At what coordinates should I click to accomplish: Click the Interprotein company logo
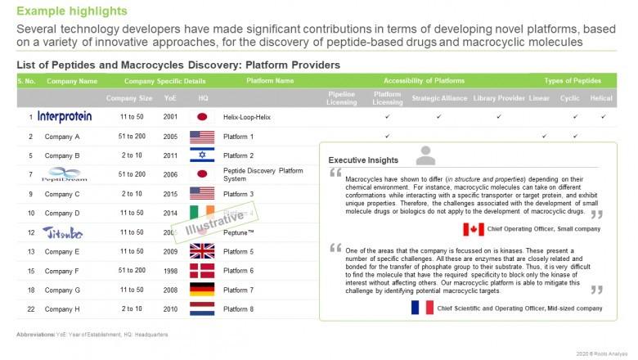(x=65, y=117)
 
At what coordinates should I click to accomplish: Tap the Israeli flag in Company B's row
(x=201, y=155)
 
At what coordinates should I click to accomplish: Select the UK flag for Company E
(x=201, y=251)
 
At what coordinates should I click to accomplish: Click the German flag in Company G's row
(x=201, y=290)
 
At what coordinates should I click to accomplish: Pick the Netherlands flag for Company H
(x=201, y=308)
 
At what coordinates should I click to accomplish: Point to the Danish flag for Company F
(x=201, y=270)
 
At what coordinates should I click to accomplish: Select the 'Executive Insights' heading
(x=363, y=160)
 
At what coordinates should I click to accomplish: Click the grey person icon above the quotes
(x=425, y=155)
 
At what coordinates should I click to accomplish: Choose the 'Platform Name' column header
(x=270, y=81)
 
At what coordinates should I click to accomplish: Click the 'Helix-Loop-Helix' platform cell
(x=250, y=117)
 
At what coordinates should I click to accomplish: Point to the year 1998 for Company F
(x=169, y=270)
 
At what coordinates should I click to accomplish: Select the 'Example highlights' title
(x=72, y=11)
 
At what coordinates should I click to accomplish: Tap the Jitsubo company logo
(x=62, y=232)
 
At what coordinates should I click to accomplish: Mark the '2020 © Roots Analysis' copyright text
(x=602, y=353)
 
